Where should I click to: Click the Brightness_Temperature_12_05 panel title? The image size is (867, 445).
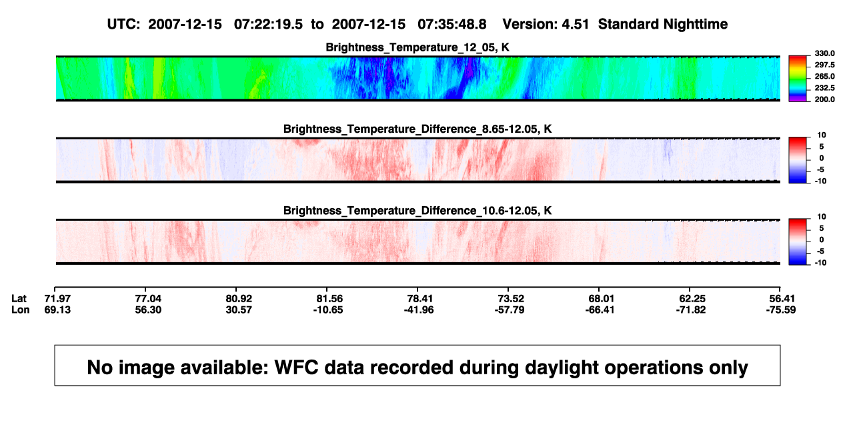click(417, 47)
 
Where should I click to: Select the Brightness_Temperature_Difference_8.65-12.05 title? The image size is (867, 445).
click(417, 129)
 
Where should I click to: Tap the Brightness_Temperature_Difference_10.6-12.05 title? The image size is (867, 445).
click(417, 211)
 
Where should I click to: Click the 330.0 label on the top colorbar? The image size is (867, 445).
click(824, 53)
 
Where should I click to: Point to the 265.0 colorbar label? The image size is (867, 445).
click(824, 76)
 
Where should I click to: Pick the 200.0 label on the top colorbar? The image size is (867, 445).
click(824, 99)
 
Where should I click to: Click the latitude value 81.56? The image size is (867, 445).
click(329, 299)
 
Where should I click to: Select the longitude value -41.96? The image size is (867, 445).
click(419, 310)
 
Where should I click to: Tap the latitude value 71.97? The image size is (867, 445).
click(57, 299)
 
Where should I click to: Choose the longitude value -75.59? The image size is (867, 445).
click(781, 310)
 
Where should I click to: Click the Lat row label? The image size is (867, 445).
click(19, 299)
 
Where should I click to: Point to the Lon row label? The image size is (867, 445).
click(20, 310)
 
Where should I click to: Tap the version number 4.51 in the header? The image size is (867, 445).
click(575, 25)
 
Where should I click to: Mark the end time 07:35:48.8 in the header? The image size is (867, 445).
click(452, 25)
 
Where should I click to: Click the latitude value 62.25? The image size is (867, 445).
click(692, 299)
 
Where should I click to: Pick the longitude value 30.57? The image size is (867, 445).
click(239, 310)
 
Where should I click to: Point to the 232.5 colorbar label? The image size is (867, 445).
click(824, 88)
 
